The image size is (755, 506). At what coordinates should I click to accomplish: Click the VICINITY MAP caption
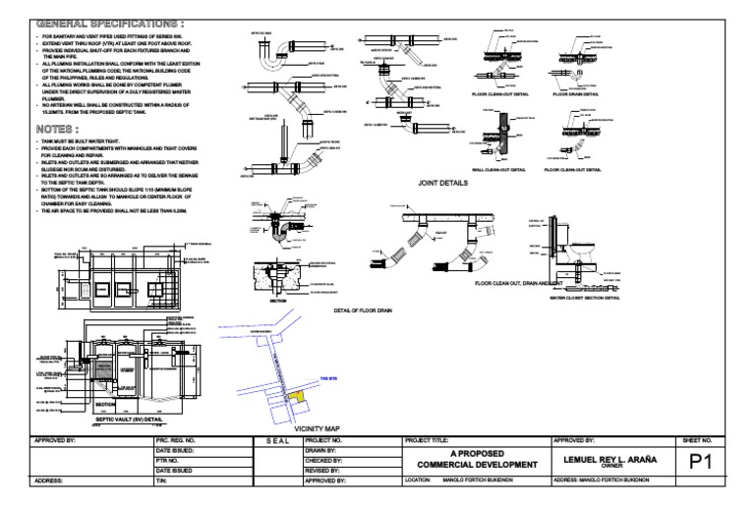click(317, 428)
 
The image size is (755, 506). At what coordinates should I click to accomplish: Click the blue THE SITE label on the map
click(327, 378)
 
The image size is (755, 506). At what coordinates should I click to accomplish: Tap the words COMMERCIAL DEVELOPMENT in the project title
click(477, 465)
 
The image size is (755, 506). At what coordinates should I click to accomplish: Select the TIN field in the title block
click(163, 481)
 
